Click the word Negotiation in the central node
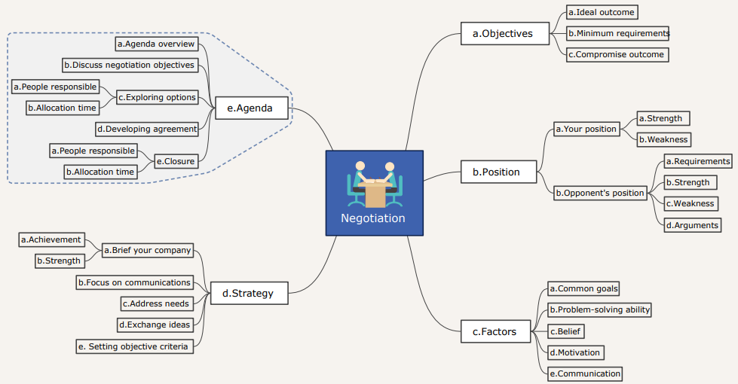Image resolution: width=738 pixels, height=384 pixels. (373, 218)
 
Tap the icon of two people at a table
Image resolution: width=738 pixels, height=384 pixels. (375, 183)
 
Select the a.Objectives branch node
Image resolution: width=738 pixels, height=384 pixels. (503, 33)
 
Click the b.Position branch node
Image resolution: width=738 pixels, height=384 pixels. (496, 172)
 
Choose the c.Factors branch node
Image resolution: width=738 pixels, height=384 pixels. (495, 331)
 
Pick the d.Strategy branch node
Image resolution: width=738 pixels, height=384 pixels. (247, 293)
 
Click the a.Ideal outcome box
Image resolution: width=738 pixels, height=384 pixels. (602, 12)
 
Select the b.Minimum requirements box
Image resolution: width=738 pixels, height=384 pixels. (618, 33)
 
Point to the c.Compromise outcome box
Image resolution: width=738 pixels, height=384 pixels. (616, 54)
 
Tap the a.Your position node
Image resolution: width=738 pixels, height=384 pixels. (586, 129)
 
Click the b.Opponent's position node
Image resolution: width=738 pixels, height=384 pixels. (600, 193)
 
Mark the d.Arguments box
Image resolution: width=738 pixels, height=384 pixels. (691, 225)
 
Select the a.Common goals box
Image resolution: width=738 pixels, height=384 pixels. (584, 288)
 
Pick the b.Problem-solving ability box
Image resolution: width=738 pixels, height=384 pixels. (599, 309)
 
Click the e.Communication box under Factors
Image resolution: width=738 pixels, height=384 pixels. (585, 373)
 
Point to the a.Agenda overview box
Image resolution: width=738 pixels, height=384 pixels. (156, 44)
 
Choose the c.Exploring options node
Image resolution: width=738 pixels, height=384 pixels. (157, 97)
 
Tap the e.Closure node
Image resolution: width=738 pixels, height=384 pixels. (176, 160)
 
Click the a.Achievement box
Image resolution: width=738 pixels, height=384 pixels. (51, 239)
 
